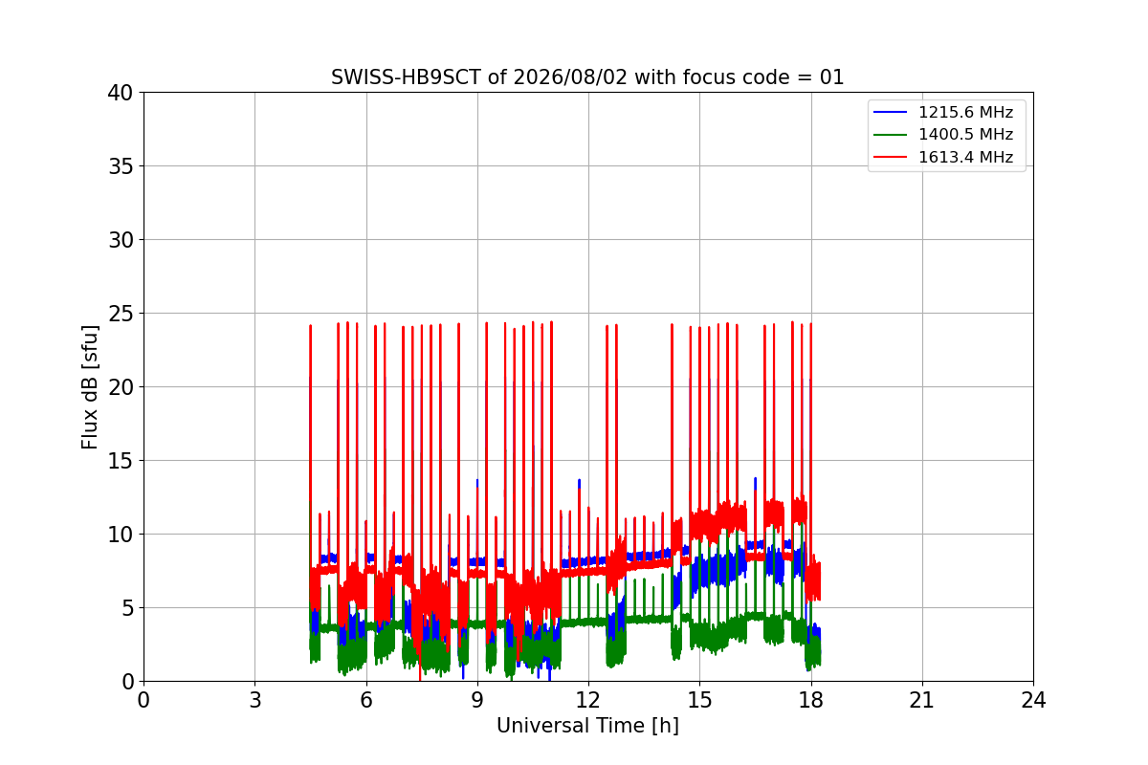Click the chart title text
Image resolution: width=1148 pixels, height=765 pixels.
(x=587, y=77)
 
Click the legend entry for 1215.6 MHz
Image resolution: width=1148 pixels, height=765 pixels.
(x=965, y=112)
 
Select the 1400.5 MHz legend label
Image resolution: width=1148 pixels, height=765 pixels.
(x=965, y=134)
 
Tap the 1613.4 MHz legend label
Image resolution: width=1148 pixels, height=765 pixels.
(x=965, y=157)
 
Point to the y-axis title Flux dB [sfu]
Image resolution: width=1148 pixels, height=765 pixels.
(x=90, y=387)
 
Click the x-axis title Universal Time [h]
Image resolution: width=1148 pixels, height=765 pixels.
(x=587, y=726)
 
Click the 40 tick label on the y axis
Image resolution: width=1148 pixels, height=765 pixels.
(x=121, y=93)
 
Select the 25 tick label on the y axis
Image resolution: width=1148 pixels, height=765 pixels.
(x=121, y=314)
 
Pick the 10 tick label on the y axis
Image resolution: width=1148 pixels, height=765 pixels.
(x=121, y=535)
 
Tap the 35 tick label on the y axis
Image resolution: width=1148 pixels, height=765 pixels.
(x=121, y=166)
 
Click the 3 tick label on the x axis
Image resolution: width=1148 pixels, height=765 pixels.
(x=255, y=700)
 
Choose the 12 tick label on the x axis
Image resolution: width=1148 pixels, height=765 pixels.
(x=588, y=700)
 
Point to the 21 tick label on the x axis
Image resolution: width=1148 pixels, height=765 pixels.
(x=922, y=700)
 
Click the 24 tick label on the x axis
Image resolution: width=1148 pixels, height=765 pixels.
(x=1033, y=700)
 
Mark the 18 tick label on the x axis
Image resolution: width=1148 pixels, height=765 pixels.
(x=811, y=700)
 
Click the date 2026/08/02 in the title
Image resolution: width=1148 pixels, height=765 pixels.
(x=570, y=77)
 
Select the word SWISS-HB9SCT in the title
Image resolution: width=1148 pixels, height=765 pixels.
(x=406, y=77)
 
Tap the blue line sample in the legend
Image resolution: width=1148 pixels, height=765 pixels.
(x=891, y=112)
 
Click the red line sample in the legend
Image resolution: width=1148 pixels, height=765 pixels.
(x=891, y=157)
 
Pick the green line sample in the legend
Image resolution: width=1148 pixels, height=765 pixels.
(x=891, y=134)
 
